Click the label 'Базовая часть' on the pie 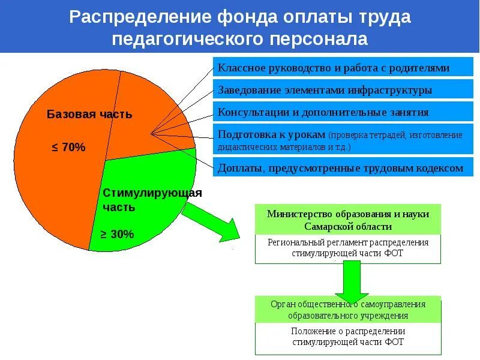[x=89, y=114]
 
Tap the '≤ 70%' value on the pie [x=69, y=147]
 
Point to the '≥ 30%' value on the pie [x=117, y=234]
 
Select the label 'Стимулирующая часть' [x=152, y=200]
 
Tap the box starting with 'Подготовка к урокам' [x=340, y=140]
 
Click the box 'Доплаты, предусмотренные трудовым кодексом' [x=340, y=168]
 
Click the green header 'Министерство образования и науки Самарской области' [x=347, y=220]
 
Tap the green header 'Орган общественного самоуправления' [x=347, y=310]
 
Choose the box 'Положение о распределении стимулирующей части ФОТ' [x=347, y=337]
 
